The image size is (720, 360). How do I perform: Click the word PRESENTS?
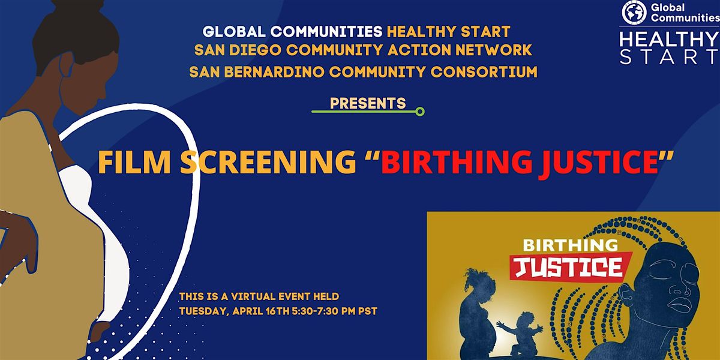tap(368, 103)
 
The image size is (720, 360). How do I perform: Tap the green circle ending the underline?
tap(420, 111)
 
